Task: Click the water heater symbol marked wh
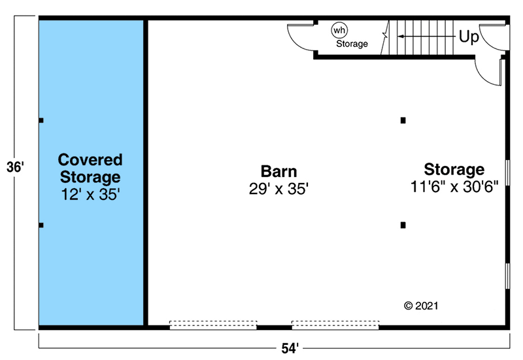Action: pos(339,30)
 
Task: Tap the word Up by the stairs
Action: pos(468,37)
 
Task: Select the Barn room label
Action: pos(279,171)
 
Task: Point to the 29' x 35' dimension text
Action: pos(279,189)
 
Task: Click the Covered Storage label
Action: pos(90,168)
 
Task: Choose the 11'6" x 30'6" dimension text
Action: pos(454,187)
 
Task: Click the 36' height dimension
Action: pos(15,167)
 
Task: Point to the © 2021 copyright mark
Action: pos(421,305)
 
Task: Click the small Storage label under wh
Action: pos(352,44)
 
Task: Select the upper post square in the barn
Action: pos(403,120)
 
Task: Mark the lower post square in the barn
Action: pos(403,225)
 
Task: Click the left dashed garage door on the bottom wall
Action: pos(213,324)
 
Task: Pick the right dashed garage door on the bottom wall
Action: pos(335,324)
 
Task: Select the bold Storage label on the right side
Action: pos(454,169)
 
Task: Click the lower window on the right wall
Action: pos(507,276)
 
